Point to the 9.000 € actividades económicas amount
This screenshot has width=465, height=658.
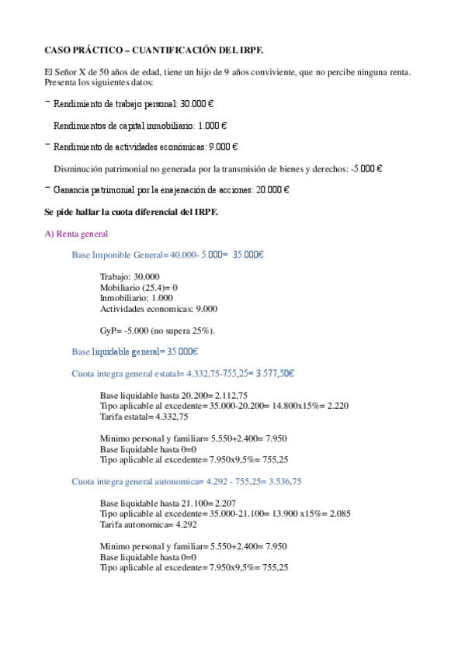point(224,146)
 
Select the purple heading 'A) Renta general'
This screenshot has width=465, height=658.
point(76,234)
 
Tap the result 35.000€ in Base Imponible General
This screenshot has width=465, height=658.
point(248,254)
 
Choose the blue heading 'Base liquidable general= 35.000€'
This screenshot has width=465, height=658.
point(135,352)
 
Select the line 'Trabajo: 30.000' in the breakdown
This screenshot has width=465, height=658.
point(130,276)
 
